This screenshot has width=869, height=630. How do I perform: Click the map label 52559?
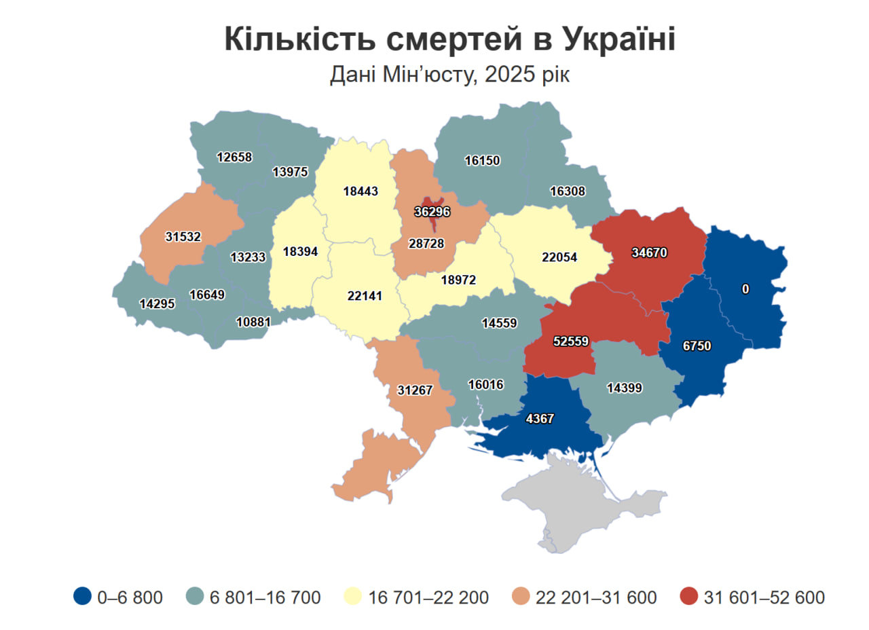570,341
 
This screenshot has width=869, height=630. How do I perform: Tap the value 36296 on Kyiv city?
432,212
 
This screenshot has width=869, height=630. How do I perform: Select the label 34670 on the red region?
649,253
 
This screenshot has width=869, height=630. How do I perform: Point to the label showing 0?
745,289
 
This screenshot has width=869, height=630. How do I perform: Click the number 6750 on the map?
697,346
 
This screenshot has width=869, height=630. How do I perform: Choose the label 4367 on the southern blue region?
540,419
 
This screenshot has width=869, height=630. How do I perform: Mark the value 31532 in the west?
183,237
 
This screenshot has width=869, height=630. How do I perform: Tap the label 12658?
234,157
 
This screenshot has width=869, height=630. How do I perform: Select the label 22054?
560,257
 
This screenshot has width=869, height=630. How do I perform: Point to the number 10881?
254,322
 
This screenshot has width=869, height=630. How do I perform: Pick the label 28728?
426,243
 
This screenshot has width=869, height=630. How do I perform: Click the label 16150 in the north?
482,161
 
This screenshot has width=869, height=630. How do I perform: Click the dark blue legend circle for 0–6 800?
82,597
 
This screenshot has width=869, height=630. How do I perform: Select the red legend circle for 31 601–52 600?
688,597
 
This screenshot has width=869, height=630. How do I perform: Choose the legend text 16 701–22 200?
428,597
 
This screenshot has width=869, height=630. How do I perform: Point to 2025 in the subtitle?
506,74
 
